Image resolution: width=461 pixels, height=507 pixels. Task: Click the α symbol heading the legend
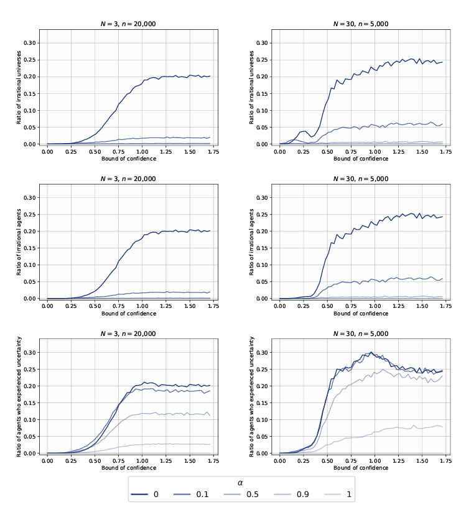click(x=241, y=482)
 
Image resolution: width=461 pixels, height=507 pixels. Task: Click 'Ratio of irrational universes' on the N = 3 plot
click(x=19, y=87)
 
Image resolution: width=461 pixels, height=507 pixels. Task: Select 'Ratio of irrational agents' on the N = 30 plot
click(x=252, y=241)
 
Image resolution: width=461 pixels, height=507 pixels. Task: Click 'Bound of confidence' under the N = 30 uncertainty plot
click(x=361, y=467)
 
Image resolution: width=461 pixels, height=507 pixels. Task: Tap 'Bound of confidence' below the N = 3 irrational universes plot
click(x=129, y=158)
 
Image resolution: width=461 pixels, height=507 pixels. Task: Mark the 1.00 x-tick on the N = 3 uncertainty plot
click(x=142, y=460)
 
